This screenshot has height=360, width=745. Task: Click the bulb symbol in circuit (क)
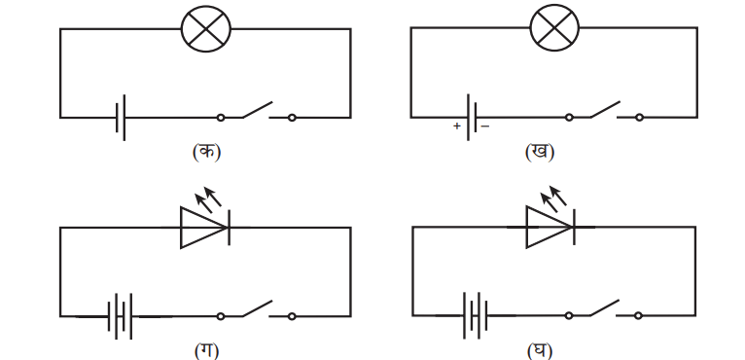tap(206, 28)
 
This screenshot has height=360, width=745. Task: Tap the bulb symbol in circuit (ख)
tap(554, 27)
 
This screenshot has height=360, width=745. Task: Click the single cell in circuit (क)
tap(121, 118)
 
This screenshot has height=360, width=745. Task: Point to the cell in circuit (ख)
tap(472, 117)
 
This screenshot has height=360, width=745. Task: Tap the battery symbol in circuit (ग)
tap(120, 316)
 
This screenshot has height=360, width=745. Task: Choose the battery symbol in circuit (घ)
tap(476, 315)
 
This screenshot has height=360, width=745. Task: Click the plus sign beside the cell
tap(457, 126)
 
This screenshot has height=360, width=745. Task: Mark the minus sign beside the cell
tap(485, 126)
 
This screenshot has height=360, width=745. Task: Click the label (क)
tap(207, 152)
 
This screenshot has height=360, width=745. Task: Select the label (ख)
tap(540, 152)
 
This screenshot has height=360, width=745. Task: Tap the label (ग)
tap(207, 351)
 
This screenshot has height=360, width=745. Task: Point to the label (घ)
tap(540, 351)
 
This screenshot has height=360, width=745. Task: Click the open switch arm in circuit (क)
tap(258, 109)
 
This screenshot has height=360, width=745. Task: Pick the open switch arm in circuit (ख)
tap(605, 109)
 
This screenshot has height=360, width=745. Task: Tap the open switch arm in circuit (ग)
tap(258, 308)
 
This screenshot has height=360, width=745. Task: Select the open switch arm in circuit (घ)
tap(604, 307)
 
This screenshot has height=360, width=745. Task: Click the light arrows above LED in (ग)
tap(208, 198)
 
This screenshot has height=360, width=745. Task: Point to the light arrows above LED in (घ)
tap(554, 198)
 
